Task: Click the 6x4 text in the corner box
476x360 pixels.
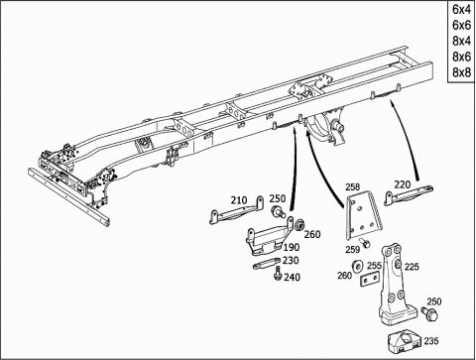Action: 461,9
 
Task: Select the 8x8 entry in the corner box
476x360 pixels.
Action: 461,72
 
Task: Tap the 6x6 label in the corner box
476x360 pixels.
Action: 461,25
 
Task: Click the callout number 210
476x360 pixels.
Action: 239,200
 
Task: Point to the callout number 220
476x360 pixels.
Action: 402,184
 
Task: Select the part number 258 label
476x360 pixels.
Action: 352,186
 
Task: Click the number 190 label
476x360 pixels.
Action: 292,247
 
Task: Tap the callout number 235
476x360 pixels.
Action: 431,341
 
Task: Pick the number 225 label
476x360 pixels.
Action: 412,267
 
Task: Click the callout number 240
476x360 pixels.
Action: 293,277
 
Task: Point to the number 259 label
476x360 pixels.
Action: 353,250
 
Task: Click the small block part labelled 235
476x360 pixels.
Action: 405,341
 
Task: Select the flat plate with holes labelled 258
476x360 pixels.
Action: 363,215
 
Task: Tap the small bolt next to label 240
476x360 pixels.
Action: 277,274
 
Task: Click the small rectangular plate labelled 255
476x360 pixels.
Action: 369,279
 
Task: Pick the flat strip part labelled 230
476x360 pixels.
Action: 267,264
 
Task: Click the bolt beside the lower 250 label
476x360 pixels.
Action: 429,312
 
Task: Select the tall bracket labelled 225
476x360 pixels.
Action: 396,285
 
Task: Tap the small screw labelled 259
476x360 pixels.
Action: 365,243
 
